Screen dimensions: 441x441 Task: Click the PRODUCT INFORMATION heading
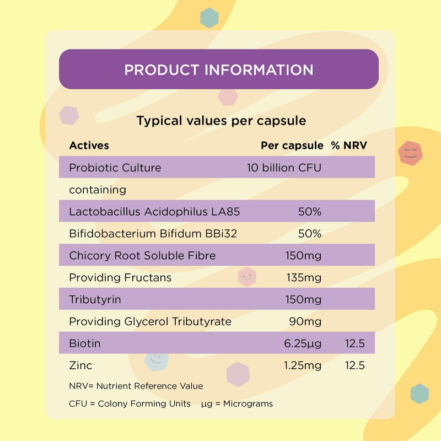point(219,70)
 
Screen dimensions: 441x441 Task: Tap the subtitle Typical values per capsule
point(221,120)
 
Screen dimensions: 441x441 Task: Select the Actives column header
point(89,146)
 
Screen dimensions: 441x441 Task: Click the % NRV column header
point(348,146)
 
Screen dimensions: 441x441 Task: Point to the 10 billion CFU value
point(284,168)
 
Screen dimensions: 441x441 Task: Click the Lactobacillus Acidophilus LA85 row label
point(154,212)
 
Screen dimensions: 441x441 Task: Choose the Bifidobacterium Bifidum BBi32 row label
point(153,234)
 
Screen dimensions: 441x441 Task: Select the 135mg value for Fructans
point(304,278)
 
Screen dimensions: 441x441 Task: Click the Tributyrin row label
point(95,300)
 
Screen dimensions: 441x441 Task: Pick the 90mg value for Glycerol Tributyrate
point(305,321)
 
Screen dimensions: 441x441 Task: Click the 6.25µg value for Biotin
point(302,344)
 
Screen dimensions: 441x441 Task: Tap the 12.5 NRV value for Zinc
point(354,365)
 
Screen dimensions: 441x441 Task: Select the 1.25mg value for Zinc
point(303,365)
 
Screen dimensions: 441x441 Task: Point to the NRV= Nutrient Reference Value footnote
point(136,386)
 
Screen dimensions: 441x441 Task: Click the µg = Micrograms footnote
point(237,404)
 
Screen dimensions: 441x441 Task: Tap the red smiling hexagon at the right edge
point(410,153)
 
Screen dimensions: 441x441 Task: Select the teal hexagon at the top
point(209,18)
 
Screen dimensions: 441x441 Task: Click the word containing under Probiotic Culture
point(98,190)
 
